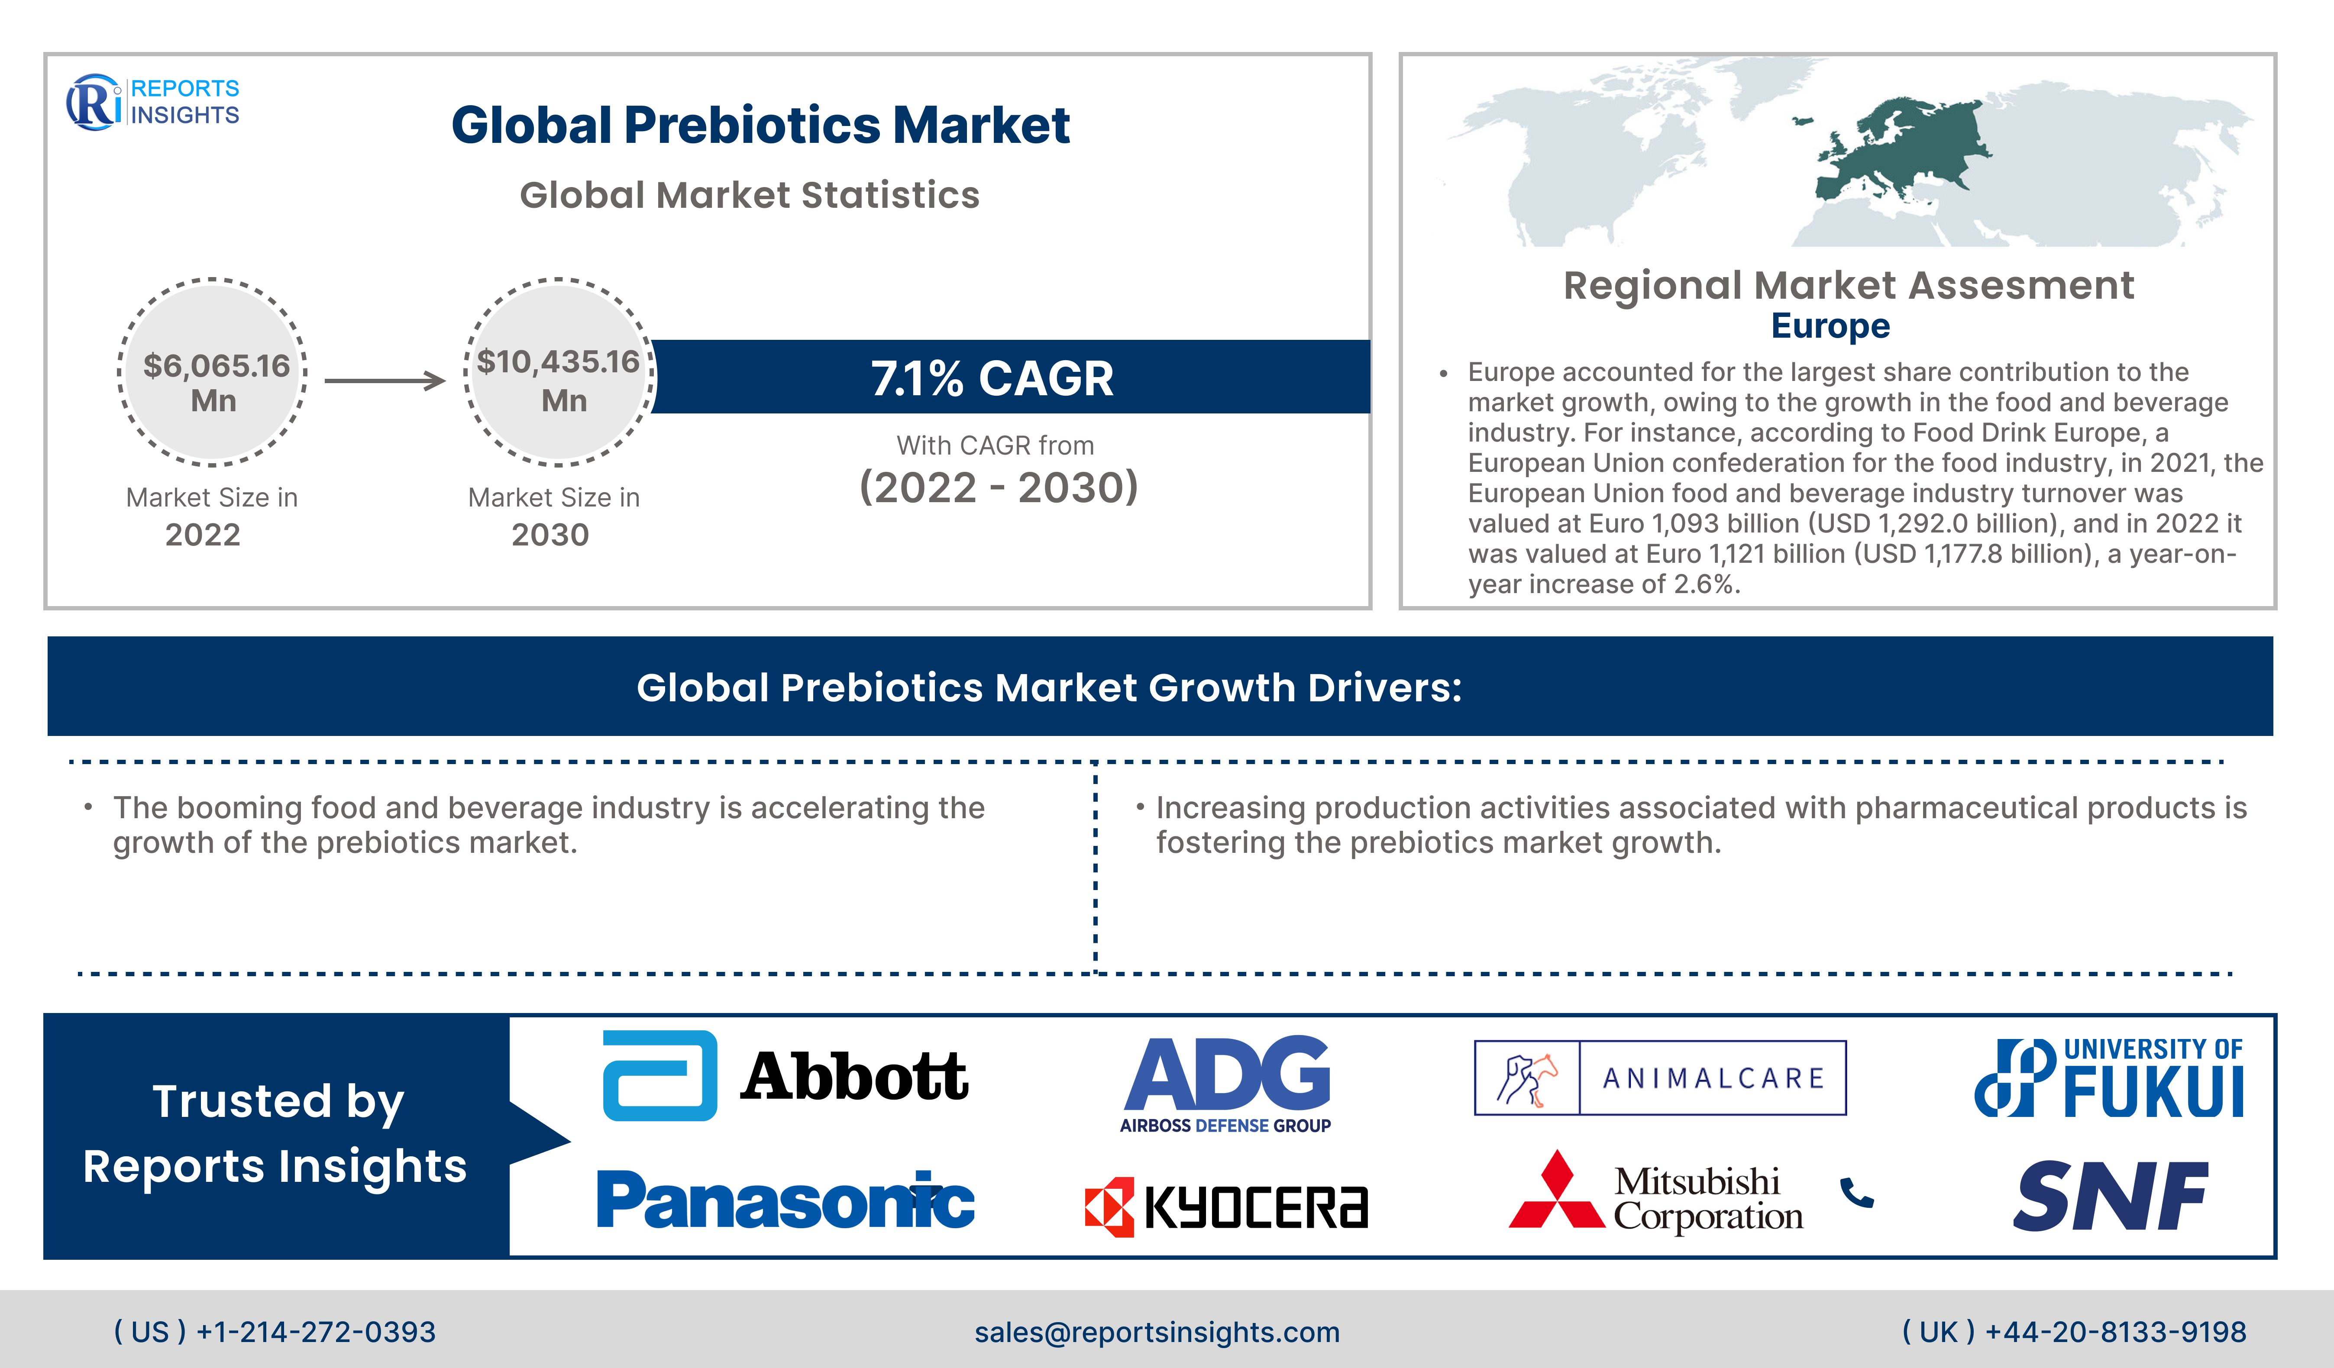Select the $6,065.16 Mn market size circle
click(x=213, y=371)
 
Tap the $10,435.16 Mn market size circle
click(x=559, y=371)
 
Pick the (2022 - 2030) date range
click(x=999, y=487)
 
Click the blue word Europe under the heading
click(x=1830, y=326)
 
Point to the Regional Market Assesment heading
click(x=1849, y=285)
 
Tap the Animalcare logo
click(x=1660, y=1077)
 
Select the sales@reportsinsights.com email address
click(x=1157, y=1332)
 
